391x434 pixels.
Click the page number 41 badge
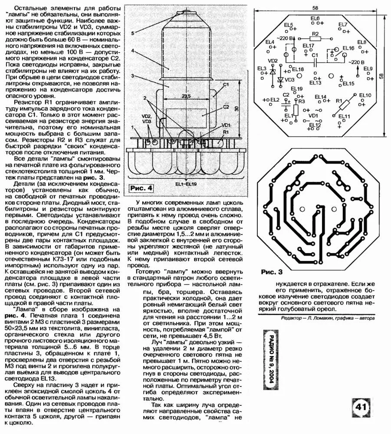(361, 408)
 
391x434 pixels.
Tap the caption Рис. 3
(272, 272)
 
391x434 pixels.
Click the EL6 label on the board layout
(315, 18)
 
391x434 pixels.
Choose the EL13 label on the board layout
(315, 82)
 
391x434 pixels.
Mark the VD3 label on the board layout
(289, 80)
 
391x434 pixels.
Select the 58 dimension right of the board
(382, 76)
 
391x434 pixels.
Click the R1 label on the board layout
(338, 101)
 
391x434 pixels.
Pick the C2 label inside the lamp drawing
(226, 107)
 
